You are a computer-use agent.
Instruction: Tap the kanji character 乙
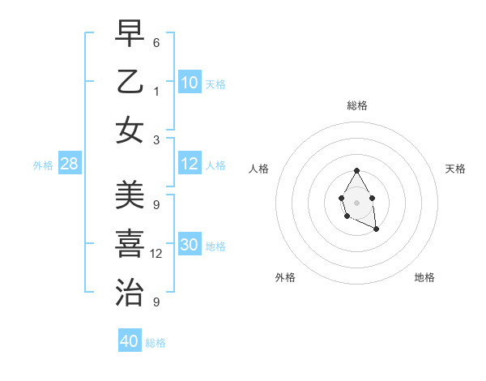[130, 82]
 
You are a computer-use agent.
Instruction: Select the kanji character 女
[130, 131]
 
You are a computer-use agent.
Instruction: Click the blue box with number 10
[190, 83]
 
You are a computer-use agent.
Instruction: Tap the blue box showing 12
[190, 164]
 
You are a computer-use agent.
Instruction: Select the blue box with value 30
[190, 245]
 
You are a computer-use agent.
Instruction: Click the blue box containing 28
[70, 165]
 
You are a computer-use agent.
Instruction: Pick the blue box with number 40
[130, 341]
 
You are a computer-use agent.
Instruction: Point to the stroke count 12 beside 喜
[156, 254]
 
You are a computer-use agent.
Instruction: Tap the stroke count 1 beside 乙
[156, 92]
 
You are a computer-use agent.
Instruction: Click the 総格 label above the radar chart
[357, 105]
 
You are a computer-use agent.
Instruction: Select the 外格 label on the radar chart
[285, 277]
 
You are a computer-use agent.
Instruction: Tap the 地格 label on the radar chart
[424, 277]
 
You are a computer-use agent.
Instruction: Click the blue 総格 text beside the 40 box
[156, 343]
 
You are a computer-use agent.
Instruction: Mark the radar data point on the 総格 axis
[356, 170]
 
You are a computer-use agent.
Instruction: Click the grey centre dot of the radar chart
[356, 201]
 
